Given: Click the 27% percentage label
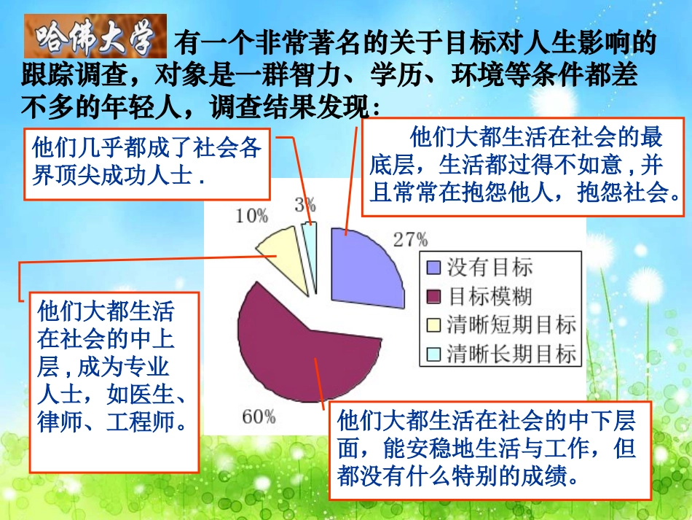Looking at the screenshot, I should [410, 239].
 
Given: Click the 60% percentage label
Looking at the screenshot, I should [259, 417].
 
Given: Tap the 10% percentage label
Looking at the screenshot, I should [251, 216].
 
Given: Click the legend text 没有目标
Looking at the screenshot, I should [490, 268].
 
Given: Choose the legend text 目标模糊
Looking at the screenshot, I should [490, 296].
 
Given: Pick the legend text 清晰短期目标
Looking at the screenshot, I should [511, 325].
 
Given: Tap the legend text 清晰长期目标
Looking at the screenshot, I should [511, 354].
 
